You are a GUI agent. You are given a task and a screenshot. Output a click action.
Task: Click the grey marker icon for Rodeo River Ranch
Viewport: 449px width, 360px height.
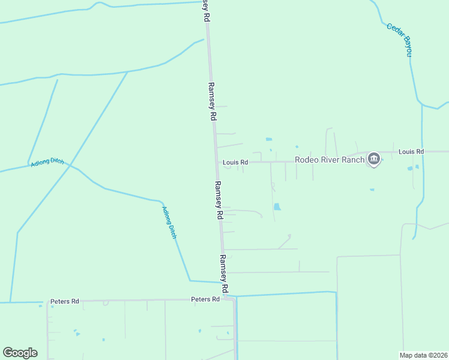(374, 159)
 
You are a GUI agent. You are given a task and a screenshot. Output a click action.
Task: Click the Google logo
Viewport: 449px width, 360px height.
(20, 353)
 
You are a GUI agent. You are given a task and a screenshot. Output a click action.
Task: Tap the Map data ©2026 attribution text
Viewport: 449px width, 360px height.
(424, 355)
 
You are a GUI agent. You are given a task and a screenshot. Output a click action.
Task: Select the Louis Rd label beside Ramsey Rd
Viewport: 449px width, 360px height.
(235, 163)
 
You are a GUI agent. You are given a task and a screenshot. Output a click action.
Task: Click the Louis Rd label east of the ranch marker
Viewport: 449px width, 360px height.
(411, 152)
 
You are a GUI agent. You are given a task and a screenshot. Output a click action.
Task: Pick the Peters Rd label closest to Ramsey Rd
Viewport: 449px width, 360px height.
(205, 299)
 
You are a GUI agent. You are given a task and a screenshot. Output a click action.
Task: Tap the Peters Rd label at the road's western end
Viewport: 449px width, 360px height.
(65, 301)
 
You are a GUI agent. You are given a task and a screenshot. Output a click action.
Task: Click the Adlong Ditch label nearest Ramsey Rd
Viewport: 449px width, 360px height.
(169, 223)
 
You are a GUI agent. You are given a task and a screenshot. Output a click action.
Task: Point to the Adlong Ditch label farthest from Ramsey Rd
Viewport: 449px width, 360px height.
(47, 163)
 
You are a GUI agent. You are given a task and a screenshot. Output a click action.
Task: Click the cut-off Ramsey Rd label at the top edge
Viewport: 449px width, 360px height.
(205, 11)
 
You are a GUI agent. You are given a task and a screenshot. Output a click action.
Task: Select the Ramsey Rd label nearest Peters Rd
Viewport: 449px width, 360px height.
(224, 274)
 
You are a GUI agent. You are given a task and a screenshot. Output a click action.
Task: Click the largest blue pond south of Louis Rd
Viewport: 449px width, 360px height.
(277, 207)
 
